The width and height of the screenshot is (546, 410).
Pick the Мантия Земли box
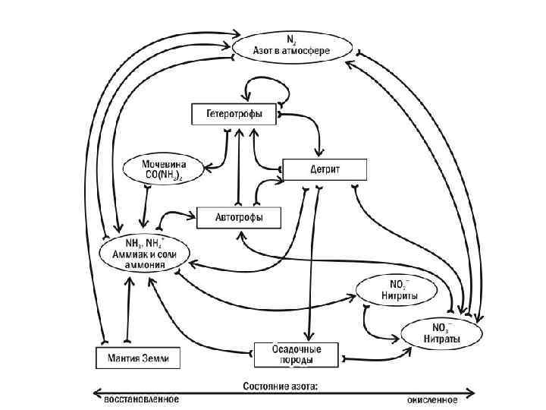coord(137,356)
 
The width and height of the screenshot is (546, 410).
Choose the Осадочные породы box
coord(297,353)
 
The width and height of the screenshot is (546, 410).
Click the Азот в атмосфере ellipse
coord(291,46)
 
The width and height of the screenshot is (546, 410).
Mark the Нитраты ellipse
coord(441,330)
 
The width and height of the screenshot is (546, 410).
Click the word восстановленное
coord(140,399)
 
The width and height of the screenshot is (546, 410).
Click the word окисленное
coord(431,399)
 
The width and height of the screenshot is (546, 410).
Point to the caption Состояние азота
coord(281,386)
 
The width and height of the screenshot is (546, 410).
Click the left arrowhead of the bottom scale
coord(96,393)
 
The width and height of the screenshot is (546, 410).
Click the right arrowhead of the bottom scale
coord(472,393)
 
